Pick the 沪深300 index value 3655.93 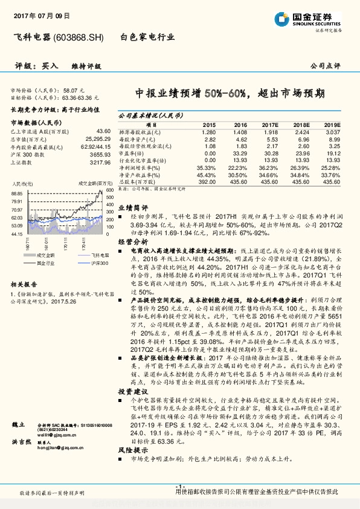[x=100, y=154]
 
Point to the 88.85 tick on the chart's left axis [x=16, y=193]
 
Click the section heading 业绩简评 [x=131, y=207]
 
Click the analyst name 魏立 [x=19, y=425]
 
